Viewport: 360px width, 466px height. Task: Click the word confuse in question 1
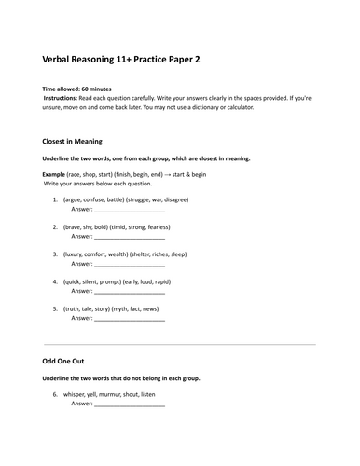click(97, 199)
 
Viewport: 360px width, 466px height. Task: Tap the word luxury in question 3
click(78, 254)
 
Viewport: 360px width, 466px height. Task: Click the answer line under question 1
click(130, 211)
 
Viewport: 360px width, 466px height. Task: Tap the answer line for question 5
click(130, 320)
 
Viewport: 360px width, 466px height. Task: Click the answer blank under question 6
click(130, 405)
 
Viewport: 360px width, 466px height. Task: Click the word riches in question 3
click(169, 254)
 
